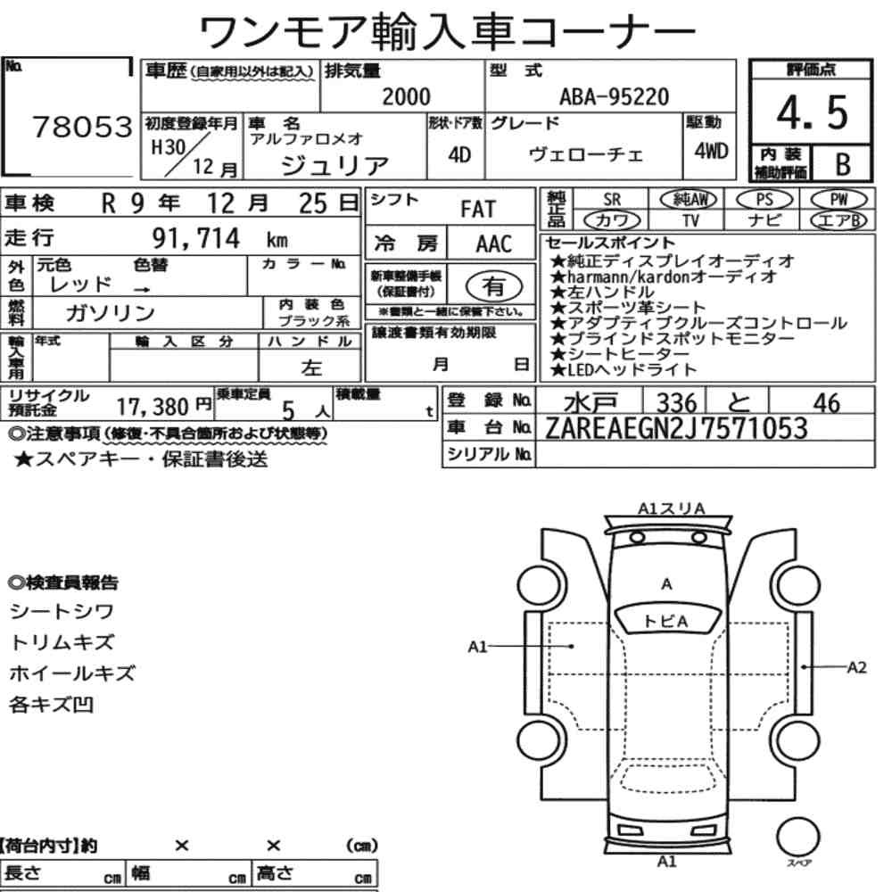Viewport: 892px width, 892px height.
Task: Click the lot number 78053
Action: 82,127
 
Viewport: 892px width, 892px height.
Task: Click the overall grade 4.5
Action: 812,112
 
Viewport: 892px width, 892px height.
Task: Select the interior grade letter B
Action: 843,164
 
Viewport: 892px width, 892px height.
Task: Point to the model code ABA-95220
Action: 615,97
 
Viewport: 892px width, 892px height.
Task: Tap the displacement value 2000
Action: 406,96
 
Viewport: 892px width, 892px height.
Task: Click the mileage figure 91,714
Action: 195,238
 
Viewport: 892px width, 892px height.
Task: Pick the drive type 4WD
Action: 711,151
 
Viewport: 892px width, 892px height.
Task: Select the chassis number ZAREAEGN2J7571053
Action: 676,428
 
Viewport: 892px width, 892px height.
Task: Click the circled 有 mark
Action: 494,286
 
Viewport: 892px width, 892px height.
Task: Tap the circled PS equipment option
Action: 764,200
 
